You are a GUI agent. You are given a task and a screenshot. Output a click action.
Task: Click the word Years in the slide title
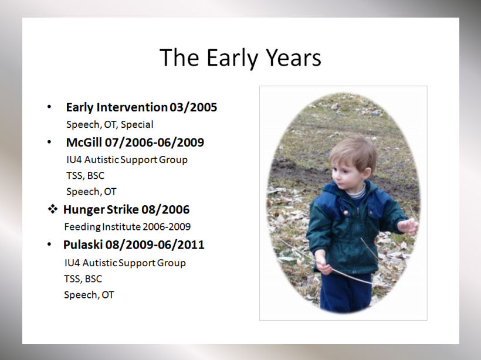point(293,57)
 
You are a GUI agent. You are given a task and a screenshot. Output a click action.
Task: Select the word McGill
point(84,142)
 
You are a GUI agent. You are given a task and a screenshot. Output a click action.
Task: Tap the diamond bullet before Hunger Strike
point(52,209)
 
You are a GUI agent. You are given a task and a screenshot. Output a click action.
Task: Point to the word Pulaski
point(83,244)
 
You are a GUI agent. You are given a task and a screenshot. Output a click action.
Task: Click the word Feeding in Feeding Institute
point(82,227)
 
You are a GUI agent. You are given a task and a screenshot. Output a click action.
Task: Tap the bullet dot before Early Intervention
point(49,107)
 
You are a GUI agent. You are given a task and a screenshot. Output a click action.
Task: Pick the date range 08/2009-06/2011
point(155,244)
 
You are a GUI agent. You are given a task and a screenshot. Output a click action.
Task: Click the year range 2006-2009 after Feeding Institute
point(167,226)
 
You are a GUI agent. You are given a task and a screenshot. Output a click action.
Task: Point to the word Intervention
point(132,107)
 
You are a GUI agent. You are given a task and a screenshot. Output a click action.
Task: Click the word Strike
point(123,209)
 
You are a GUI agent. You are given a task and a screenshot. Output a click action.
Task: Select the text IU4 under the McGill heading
point(74,159)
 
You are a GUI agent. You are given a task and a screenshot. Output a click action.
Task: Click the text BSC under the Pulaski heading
point(93,279)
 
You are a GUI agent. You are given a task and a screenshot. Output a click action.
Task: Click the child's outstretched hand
point(408,226)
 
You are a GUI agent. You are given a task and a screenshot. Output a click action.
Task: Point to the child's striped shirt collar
point(357,193)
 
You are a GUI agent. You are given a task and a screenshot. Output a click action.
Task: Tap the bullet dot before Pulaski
point(49,244)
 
